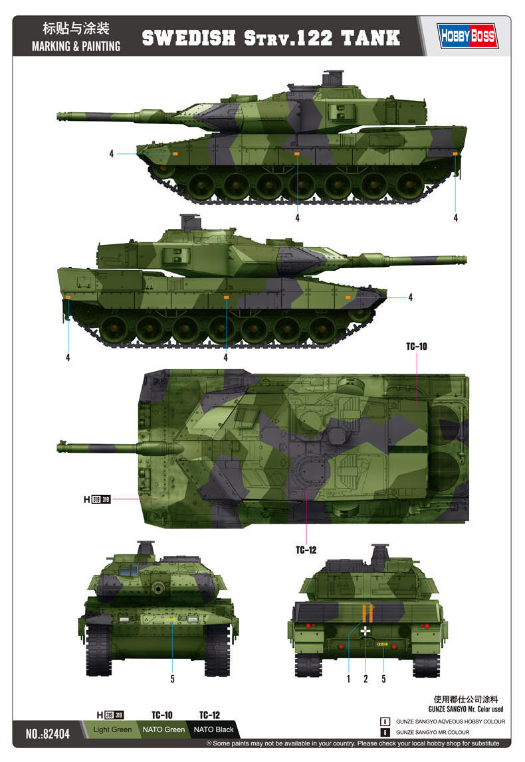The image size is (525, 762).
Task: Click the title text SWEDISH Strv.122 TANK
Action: (271, 37)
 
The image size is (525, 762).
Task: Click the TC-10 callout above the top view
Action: (417, 346)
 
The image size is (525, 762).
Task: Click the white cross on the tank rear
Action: (365, 631)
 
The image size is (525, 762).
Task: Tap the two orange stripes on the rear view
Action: (365, 612)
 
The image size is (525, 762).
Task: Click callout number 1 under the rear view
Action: (348, 678)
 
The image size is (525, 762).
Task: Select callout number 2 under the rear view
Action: (366, 678)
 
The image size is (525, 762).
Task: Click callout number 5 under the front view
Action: (172, 678)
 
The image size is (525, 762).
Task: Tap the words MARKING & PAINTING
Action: (75, 46)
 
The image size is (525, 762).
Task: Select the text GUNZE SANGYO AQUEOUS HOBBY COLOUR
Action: (450, 722)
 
